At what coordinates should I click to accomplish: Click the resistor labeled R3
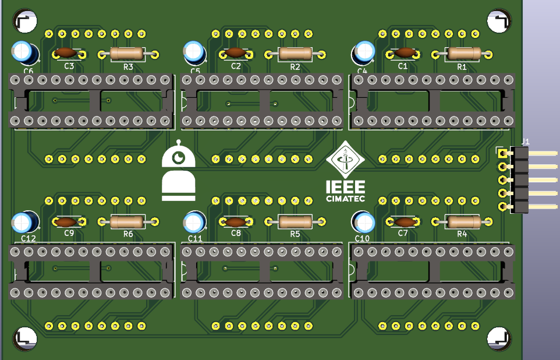(x=128, y=54)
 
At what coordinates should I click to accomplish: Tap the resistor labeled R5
(x=296, y=221)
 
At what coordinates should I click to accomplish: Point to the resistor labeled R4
(x=463, y=221)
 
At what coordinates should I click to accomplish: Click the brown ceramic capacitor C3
(x=68, y=54)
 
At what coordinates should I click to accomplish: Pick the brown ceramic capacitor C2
(x=235, y=54)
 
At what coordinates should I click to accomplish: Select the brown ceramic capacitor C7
(x=403, y=221)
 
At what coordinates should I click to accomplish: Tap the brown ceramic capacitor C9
(x=68, y=221)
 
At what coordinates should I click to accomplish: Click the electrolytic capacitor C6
(x=25, y=52)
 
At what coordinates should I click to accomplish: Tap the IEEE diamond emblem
(x=346, y=160)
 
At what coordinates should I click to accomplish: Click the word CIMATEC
(x=346, y=199)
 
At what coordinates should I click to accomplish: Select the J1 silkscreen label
(x=525, y=141)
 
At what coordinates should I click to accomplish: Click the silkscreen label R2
(x=295, y=67)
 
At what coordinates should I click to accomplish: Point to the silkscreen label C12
(x=28, y=239)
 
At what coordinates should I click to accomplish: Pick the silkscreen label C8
(x=236, y=233)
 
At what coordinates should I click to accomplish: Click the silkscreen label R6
(x=128, y=234)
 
